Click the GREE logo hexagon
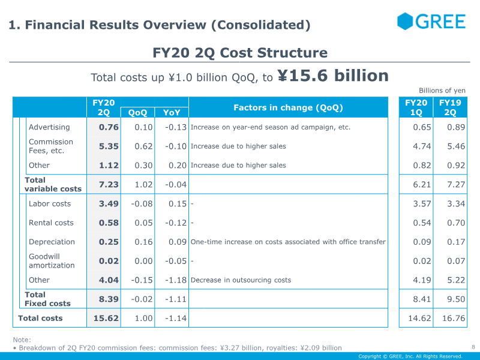pyautogui.click(x=406, y=22)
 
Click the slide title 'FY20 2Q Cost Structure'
pyautogui.click(x=240, y=53)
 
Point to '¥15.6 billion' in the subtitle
pyautogui.click(x=333, y=76)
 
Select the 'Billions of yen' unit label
pyautogui.click(x=442, y=91)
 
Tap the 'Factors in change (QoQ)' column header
pyautogui.click(x=288, y=107)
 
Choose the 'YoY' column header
pyautogui.click(x=172, y=112)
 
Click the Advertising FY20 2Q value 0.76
pyautogui.click(x=109, y=127)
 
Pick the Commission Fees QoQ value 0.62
pyautogui.click(x=143, y=146)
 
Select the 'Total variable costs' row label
pyautogui.click(x=53, y=184)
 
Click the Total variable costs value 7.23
pyautogui.click(x=109, y=185)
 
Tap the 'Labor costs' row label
pyautogui.click(x=50, y=204)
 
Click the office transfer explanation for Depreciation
pyautogui.click(x=288, y=242)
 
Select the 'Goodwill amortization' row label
pyautogui.click(x=52, y=261)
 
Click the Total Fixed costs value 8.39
pyautogui.click(x=109, y=299)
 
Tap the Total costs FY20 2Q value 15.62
pyautogui.click(x=106, y=319)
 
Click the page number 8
pyautogui.click(x=473, y=346)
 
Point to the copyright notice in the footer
pyautogui.click(x=410, y=356)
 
